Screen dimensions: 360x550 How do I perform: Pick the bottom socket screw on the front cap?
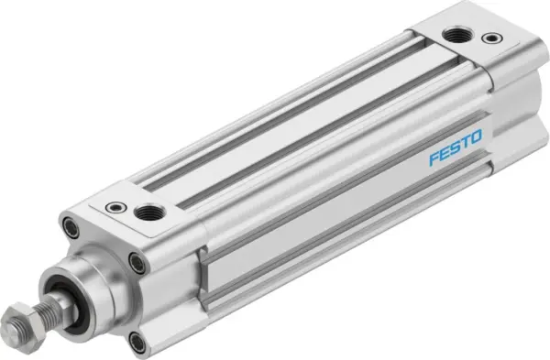[137, 343]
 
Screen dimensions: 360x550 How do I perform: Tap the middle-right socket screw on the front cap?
[137, 264]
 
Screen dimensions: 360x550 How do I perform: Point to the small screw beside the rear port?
[496, 40]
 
